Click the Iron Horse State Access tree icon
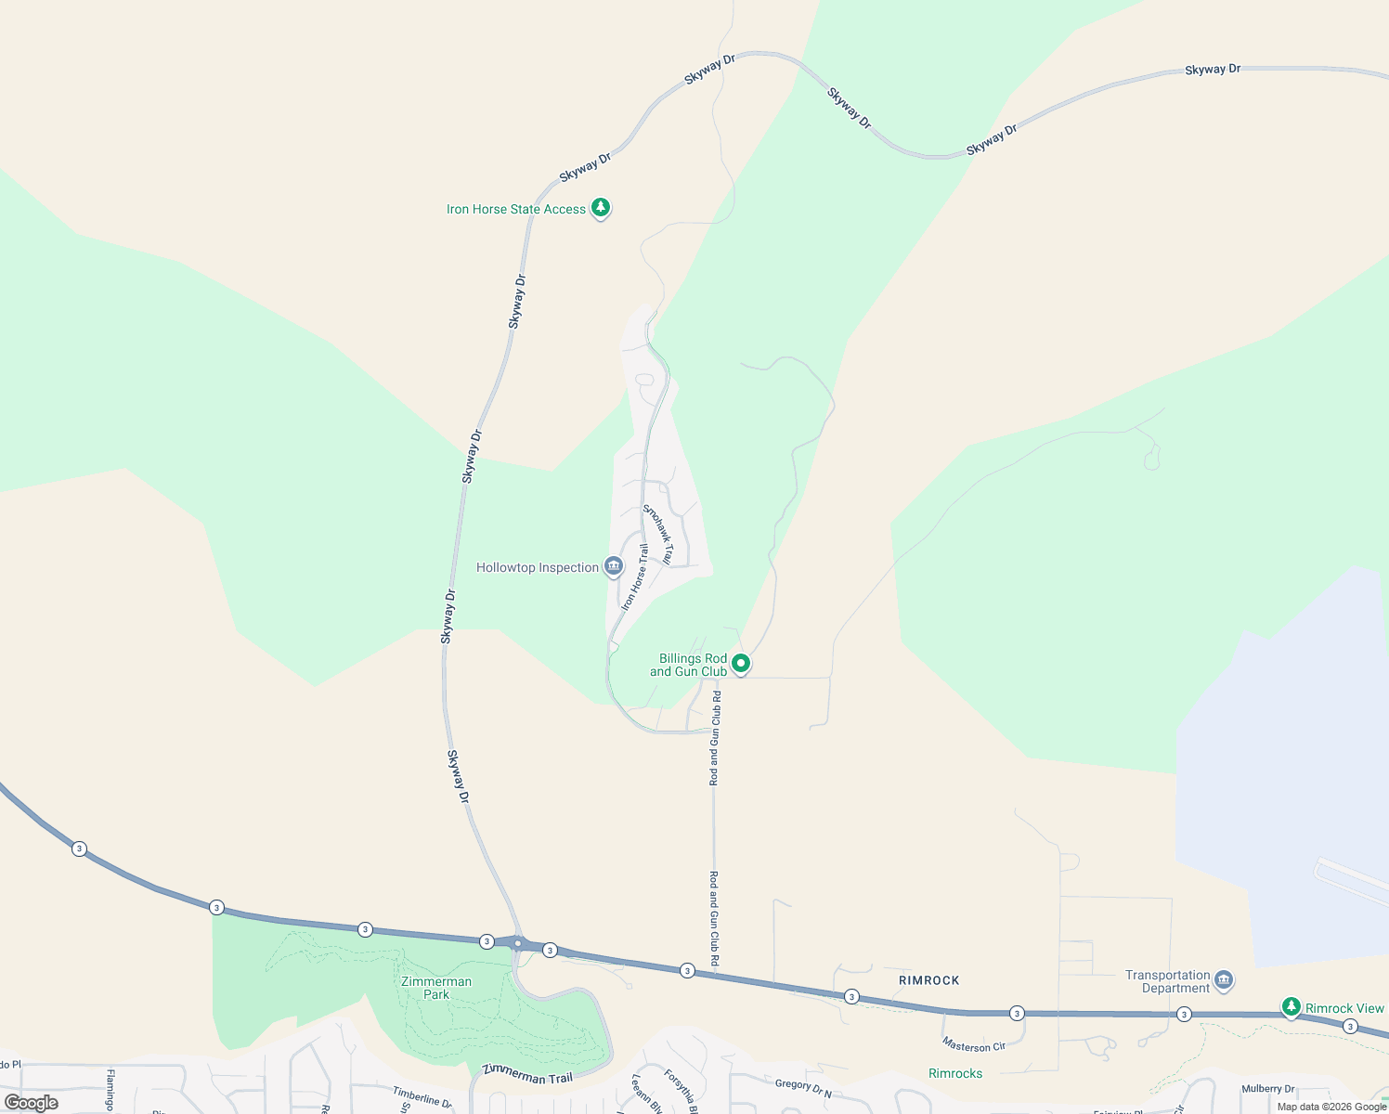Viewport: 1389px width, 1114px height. pos(601,207)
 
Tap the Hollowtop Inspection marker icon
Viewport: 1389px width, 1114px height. pos(613,566)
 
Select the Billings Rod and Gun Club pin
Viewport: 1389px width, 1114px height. pos(741,664)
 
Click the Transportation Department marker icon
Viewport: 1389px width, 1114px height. pos(1224,979)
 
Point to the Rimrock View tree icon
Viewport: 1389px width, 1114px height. pos(1291,1007)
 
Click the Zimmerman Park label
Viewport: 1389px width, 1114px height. pos(436,988)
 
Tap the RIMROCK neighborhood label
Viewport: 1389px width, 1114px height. pos(928,980)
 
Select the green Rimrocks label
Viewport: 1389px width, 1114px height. pos(955,1073)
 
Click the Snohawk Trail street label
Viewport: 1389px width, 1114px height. pos(657,535)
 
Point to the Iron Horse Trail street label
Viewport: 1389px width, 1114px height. pos(635,577)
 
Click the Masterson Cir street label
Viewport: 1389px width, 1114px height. pos(973,1045)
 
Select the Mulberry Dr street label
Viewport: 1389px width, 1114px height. pos(1267,1089)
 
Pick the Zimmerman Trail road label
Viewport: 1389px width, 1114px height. pos(527,1076)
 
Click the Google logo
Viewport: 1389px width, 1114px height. pos(32,1103)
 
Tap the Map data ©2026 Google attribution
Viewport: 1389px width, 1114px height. pos(1331,1107)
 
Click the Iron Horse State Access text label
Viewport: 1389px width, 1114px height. pos(516,209)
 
